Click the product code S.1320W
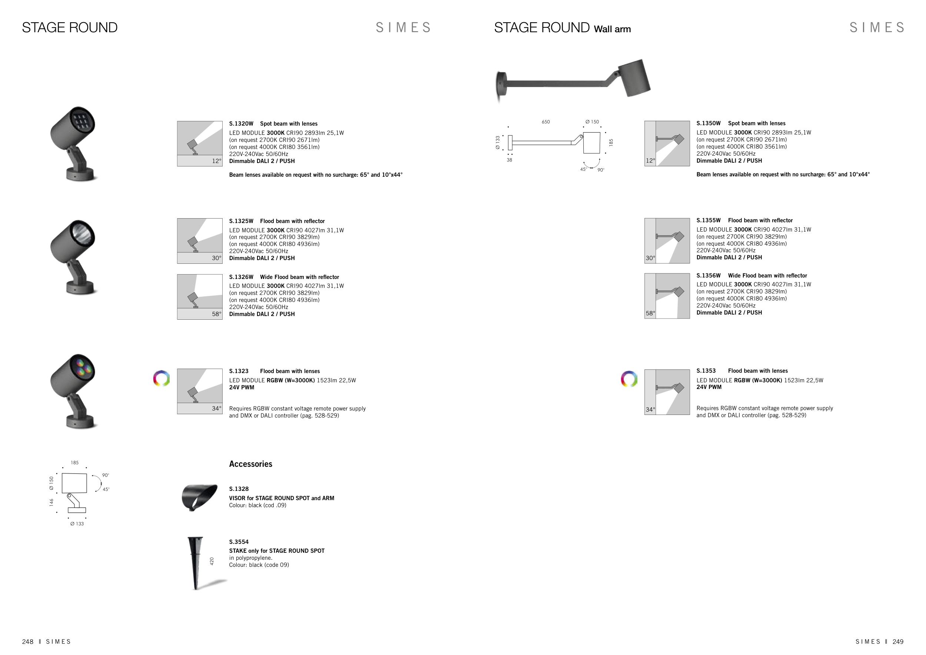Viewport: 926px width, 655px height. (241, 124)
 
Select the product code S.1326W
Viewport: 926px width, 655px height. (241, 277)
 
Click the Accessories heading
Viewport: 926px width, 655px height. (250, 464)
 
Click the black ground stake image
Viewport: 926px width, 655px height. (196, 563)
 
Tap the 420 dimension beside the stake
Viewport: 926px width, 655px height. (212, 561)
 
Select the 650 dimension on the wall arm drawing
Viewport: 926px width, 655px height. (546, 122)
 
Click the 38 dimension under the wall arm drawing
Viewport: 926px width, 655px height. (509, 160)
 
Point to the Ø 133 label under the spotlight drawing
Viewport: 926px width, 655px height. (77, 524)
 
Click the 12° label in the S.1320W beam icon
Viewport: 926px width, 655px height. (217, 161)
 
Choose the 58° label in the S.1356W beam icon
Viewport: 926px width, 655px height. (650, 313)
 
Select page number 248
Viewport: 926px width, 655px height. (28, 642)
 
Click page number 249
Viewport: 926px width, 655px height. (898, 642)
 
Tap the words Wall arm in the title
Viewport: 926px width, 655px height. (612, 29)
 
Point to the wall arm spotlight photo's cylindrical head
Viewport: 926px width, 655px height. (635, 78)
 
